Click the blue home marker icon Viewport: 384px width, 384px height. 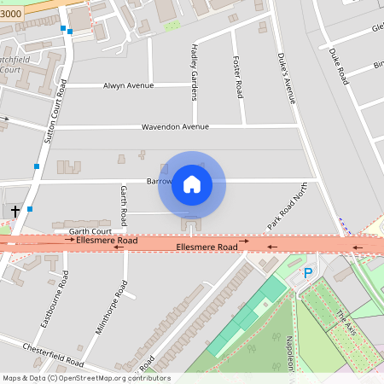pos(192,183)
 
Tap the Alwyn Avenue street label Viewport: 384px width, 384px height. pos(128,85)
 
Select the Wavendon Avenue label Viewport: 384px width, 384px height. pos(175,127)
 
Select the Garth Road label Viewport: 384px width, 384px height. pos(124,205)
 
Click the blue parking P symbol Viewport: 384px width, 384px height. pos(309,272)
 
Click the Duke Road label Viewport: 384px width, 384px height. pos(339,65)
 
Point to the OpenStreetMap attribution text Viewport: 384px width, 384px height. pos(86,378)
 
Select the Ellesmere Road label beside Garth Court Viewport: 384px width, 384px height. pos(106,241)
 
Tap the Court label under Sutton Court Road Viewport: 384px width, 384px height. pos(11,69)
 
